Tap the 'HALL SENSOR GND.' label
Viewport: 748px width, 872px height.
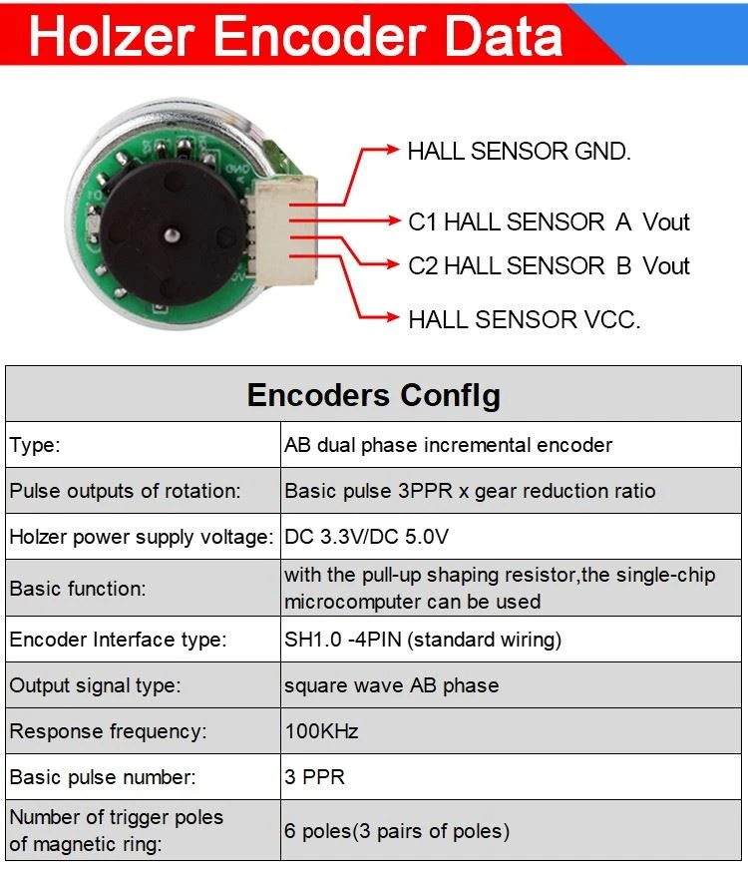tap(519, 152)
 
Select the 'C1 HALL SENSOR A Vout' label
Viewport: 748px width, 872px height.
tap(549, 221)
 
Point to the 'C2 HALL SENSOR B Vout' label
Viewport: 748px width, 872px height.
tap(549, 265)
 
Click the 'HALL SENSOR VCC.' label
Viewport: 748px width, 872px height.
tap(524, 320)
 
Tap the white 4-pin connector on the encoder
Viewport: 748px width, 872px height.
tap(283, 228)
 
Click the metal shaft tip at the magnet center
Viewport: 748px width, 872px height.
tap(172, 235)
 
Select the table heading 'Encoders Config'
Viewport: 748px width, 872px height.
tap(373, 395)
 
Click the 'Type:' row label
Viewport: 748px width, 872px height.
tap(35, 445)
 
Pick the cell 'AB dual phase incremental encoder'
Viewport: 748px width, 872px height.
tap(448, 445)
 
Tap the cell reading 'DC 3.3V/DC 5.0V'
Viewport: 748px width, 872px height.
tap(366, 537)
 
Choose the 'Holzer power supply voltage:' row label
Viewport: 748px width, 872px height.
tap(142, 537)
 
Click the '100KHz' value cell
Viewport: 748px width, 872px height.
tap(321, 730)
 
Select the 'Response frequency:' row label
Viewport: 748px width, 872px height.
tap(108, 731)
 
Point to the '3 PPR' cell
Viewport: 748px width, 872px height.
tap(314, 777)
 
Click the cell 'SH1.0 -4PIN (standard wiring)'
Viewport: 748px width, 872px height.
tap(423, 640)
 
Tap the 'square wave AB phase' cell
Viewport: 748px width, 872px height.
tap(391, 685)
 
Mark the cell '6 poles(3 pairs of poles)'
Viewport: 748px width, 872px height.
tap(397, 831)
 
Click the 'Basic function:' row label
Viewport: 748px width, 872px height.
tap(78, 589)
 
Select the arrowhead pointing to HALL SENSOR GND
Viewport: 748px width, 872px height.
tap(392, 149)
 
